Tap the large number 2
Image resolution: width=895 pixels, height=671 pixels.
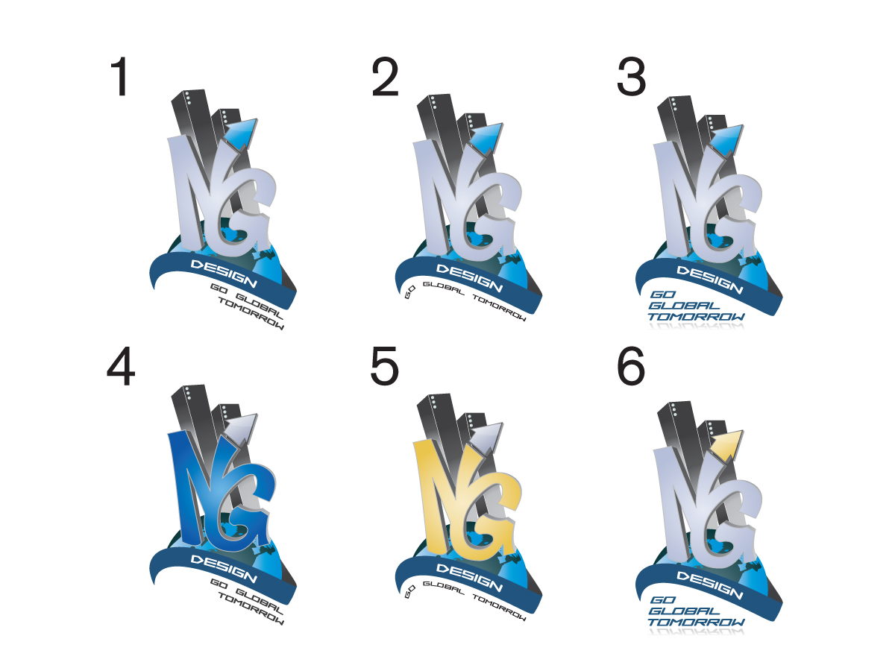385,77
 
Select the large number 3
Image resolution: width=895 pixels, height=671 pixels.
631,77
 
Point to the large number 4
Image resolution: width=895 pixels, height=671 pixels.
121,366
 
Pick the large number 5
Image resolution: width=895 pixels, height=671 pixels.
384,366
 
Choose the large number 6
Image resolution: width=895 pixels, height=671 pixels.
631,366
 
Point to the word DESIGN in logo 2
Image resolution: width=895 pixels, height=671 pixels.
469,278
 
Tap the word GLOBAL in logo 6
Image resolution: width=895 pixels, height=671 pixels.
684,611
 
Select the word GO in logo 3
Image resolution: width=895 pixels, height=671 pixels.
663,294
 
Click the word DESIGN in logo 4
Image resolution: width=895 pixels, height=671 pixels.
224,569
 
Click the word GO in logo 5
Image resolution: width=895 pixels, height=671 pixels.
409,591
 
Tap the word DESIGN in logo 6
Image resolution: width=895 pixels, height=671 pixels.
709,585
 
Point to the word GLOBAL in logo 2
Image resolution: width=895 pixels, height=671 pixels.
443,288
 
